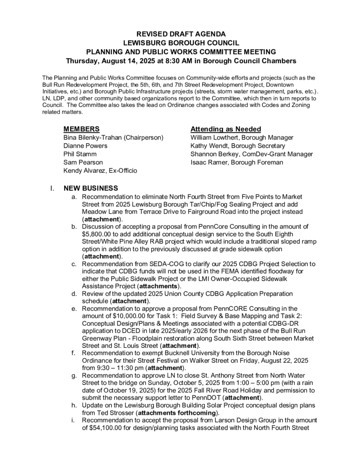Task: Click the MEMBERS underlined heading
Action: (x=81, y=129)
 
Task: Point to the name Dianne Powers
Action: (x=85, y=146)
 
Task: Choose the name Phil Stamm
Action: (x=80, y=154)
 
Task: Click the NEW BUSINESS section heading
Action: (x=91, y=188)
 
